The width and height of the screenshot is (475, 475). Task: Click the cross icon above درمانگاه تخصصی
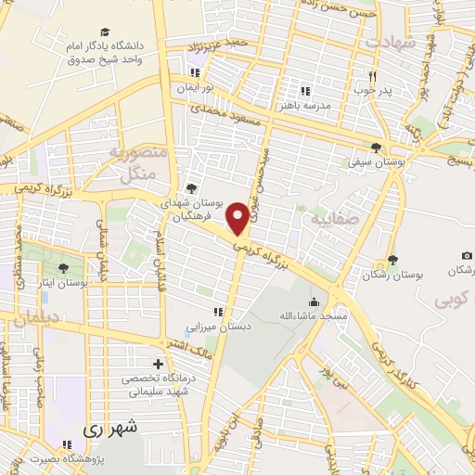(158, 364)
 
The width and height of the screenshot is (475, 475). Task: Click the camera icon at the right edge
(466, 255)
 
